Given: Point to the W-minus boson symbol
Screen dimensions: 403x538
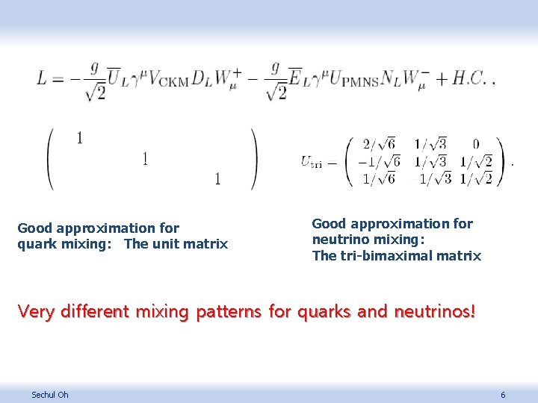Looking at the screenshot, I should coord(411,77).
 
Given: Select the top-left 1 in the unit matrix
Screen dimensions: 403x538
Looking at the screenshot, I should coord(78,137).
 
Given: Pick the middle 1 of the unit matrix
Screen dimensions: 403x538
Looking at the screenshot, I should coord(144,158).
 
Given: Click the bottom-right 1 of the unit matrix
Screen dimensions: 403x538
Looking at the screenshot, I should coord(217,179).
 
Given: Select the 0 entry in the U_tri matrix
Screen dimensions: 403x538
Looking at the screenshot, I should coord(475,144).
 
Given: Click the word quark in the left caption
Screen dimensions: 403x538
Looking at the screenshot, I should coord(36,244).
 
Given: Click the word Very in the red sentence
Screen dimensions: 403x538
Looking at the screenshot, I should coord(35,310).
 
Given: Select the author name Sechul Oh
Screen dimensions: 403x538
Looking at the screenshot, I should coord(49,394).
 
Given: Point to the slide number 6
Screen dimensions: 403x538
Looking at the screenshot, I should coord(503,394).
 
